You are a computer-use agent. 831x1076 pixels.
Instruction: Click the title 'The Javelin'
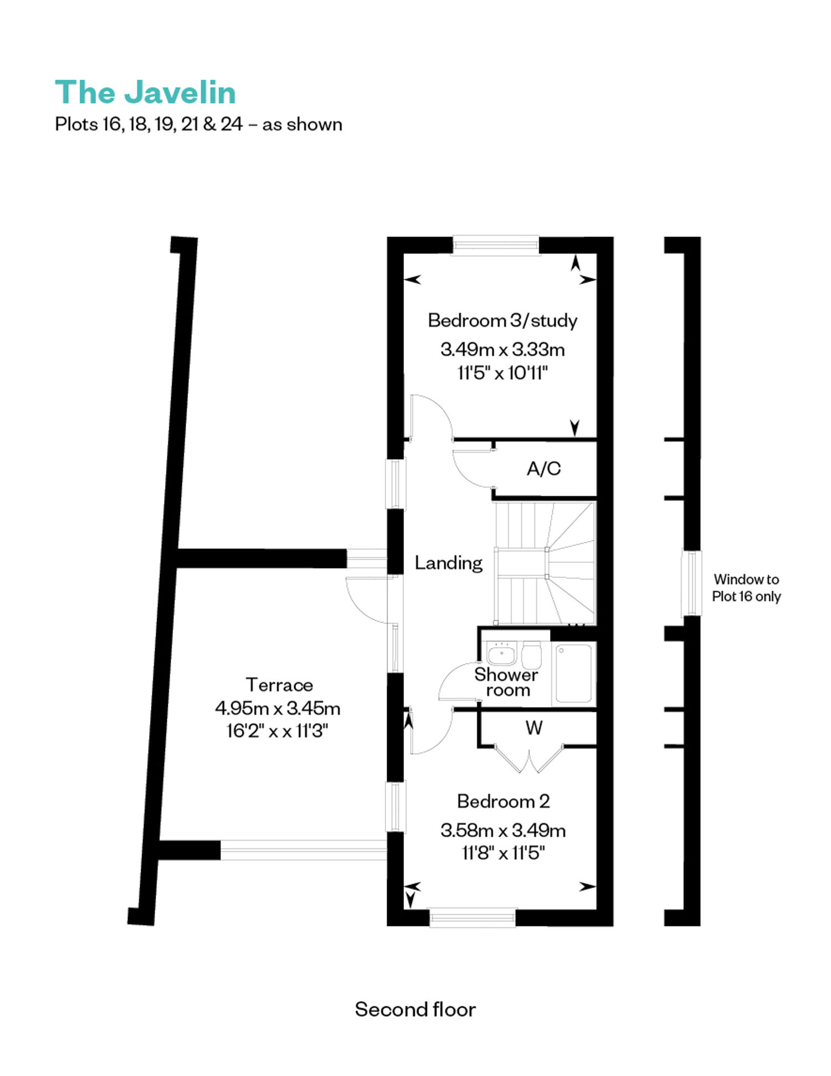tap(145, 92)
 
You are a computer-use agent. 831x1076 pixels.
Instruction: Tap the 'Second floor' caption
tap(415, 1009)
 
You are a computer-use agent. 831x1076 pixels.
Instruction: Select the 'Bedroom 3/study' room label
tap(502, 320)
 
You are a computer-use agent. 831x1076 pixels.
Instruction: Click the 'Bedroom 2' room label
tap(503, 801)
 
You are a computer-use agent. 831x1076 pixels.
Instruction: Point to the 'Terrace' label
tap(279, 685)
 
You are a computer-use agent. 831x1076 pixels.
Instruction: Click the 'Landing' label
tap(449, 563)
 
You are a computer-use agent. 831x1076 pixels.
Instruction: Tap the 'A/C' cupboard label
tap(543, 469)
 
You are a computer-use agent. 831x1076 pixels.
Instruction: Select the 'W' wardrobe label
tap(534, 727)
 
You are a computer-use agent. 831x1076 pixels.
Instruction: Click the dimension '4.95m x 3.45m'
tap(278, 708)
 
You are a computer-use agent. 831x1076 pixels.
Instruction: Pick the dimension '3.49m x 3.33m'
tap(502, 350)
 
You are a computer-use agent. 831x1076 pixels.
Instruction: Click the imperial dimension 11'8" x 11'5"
tap(503, 853)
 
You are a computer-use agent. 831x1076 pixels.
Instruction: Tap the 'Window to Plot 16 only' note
tap(746, 588)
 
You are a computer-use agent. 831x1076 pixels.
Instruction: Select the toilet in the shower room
tap(532, 655)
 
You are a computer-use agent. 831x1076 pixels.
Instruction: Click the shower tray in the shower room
tap(573, 673)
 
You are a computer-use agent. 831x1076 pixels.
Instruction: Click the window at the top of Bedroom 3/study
tap(496, 245)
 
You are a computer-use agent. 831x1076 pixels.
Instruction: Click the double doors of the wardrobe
tap(529, 759)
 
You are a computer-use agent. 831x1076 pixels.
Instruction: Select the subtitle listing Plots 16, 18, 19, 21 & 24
tap(198, 124)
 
